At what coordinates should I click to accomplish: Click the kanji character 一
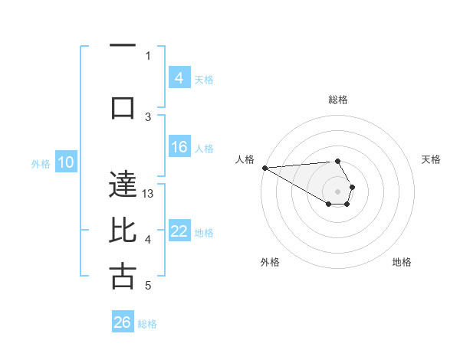coord(123,45)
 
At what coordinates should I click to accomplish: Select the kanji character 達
coord(123,184)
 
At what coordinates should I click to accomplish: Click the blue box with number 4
coord(179,78)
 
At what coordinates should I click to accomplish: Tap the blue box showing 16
coord(179,147)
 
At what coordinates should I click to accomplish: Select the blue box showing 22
coord(179,231)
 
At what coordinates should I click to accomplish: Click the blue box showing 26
coord(123,322)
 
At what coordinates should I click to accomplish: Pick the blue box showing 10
coord(66,162)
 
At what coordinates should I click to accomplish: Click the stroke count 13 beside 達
coord(149,194)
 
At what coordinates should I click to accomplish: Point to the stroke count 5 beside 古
coord(148,286)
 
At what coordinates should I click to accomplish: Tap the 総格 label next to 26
coord(147,324)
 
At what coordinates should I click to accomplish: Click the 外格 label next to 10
coord(41,163)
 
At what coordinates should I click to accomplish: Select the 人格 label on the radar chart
coord(245,159)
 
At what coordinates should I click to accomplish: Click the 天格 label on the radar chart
coord(432,159)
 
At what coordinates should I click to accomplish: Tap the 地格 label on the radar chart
coord(402,262)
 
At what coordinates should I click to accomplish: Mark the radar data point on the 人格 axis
coord(264,168)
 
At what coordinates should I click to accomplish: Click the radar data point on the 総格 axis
coord(337,162)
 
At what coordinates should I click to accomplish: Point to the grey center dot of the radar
coord(337,191)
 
